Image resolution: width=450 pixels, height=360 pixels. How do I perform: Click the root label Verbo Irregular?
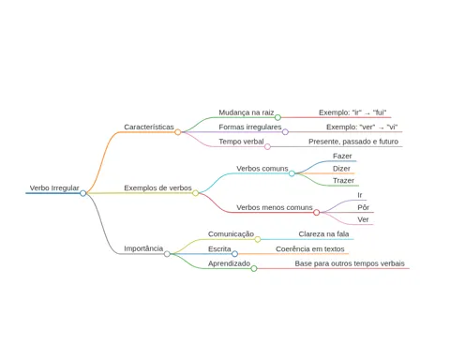coord(54,188)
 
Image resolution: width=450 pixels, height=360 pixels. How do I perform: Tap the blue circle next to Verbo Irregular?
coord(82,193)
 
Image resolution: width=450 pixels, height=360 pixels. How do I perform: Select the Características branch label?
coord(149,127)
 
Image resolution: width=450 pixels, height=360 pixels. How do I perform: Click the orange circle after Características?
coord(178,132)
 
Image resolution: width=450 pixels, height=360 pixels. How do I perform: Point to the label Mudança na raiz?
coord(247,112)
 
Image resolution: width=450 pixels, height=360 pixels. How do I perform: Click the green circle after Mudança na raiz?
coord(277,117)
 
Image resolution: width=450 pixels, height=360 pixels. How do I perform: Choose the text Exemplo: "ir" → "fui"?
coord(352,112)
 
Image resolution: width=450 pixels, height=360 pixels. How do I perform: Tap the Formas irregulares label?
coord(250,127)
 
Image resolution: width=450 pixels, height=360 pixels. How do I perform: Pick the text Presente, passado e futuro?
coord(353,142)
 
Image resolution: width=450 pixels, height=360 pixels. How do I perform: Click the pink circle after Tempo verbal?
coord(267,146)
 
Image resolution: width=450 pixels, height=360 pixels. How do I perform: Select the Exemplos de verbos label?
coord(157,188)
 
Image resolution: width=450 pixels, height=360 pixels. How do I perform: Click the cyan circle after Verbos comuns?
coord(292,173)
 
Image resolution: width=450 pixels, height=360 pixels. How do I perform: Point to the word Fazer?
coord(342,156)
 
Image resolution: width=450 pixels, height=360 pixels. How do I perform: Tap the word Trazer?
coord(343,181)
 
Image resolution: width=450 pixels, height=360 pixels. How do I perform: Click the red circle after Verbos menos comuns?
coord(316,213)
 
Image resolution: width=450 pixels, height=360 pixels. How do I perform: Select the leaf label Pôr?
coord(364,207)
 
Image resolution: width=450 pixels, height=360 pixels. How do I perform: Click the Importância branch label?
coord(143,248)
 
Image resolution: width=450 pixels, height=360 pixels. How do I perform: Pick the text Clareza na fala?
coord(323,234)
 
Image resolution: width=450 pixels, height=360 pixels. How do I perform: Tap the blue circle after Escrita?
coord(234,254)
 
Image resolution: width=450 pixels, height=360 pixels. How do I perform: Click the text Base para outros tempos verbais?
coord(350,263)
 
